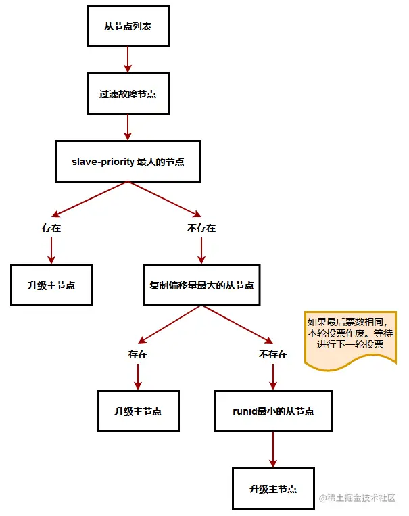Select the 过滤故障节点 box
click(128, 94)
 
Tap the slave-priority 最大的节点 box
click(128, 162)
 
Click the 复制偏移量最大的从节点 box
click(202, 285)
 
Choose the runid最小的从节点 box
click(273, 411)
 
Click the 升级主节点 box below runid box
click(273, 488)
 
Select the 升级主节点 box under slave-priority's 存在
click(51, 285)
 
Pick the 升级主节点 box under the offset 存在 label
click(138, 411)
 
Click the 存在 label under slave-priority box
click(51, 228)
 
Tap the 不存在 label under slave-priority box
click(201, 228)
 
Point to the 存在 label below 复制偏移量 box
click(138, 354)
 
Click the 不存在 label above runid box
click(273, 354)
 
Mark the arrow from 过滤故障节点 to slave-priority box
click(128, 126)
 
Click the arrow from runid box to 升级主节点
click(273, 448)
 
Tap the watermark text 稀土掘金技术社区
click(362, 497)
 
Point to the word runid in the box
click(243, 411)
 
